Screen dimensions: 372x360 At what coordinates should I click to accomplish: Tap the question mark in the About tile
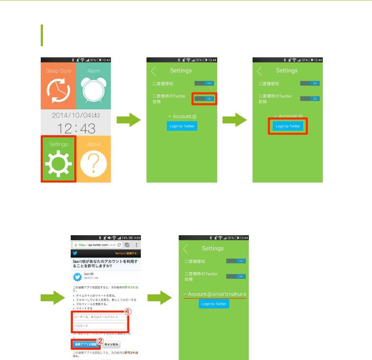pos(93,164)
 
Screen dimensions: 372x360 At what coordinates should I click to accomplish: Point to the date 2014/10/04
pos(76,115)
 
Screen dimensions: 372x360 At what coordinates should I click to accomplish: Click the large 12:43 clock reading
pos(76,128)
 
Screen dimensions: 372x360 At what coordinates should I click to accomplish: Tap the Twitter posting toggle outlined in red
pos(204,98)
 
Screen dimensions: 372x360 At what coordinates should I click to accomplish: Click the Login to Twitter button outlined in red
pos(288,126)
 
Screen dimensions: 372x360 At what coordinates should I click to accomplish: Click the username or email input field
pos(100,317)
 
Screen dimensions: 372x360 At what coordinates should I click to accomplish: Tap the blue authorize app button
pos(86,344)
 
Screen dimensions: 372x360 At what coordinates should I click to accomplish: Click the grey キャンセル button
pos(111,344)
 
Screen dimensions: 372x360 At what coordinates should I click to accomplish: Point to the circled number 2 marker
pos(101,340)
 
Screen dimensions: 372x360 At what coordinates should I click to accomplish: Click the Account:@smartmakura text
pos(215,294)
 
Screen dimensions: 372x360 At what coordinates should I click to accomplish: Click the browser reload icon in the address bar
pos(119,245)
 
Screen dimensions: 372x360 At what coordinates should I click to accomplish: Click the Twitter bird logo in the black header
pos(75,254)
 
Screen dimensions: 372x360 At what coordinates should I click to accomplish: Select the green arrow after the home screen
pos(128,120)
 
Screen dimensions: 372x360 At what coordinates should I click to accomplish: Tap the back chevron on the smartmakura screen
pos(185,249)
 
